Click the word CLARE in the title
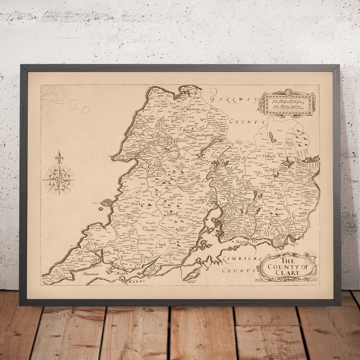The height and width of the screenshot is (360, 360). click(287, 273)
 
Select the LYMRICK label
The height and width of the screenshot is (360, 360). click(240, 259)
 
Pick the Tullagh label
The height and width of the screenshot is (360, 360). click(269, 156)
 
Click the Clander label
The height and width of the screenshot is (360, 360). click(151, 230)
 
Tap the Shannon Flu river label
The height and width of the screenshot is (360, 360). click(247, 241)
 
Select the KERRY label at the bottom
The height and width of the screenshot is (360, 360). click(136, 282)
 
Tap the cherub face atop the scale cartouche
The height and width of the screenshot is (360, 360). click(288, 92)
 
